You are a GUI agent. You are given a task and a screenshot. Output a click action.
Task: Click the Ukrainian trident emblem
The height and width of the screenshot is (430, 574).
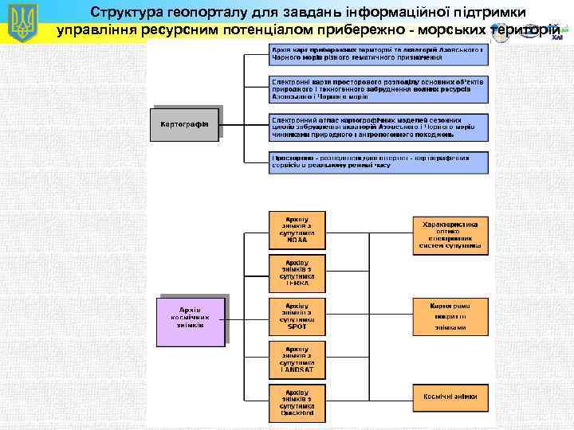[22, 22]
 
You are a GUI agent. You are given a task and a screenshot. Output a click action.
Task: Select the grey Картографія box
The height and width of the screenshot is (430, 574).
[184, 123]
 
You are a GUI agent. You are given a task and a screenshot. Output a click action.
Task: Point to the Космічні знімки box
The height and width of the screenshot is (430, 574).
[450, 396]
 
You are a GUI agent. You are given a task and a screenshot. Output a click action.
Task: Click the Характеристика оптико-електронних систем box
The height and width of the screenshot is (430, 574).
[450, 235]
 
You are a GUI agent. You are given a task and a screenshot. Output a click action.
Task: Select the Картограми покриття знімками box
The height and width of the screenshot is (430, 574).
[450, 316]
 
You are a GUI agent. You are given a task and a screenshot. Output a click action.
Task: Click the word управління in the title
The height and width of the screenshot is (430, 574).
[96, 31]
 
